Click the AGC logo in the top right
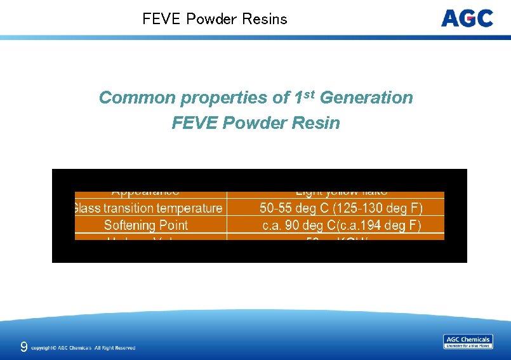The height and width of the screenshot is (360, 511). click(x=467, y=18)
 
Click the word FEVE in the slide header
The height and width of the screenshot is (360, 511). click(x=162, y=19)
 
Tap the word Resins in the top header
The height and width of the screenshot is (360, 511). click(x=265, y=19)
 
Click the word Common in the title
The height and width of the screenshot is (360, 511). click(x=137, y=98)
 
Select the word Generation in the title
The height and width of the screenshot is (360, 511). click(x=366, y=98)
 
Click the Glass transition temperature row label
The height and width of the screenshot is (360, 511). click(x=149, y=208)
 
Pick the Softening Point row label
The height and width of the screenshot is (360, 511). click(x=146, y=225)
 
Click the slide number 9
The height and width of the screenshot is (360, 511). click(x=23, y=347)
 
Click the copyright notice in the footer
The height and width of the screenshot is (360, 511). click(x=83, y=348)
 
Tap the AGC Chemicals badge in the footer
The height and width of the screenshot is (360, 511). click(x=467, y=342)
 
